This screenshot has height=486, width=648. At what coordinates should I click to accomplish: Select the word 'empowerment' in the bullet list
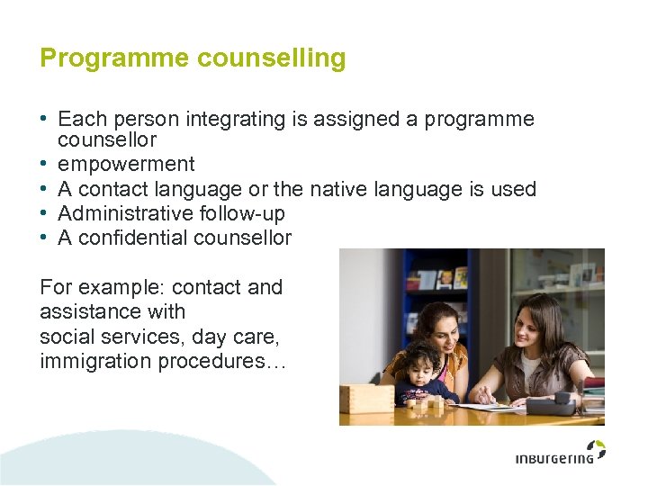[126, 165]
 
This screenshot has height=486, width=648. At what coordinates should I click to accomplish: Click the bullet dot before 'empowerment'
[44, 165]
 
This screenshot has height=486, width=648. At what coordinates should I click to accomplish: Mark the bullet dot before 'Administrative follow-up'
[44, 213]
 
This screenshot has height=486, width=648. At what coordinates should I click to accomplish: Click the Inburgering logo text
[553, 459]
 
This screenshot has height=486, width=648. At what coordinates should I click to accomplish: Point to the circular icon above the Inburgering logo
[596, 447]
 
